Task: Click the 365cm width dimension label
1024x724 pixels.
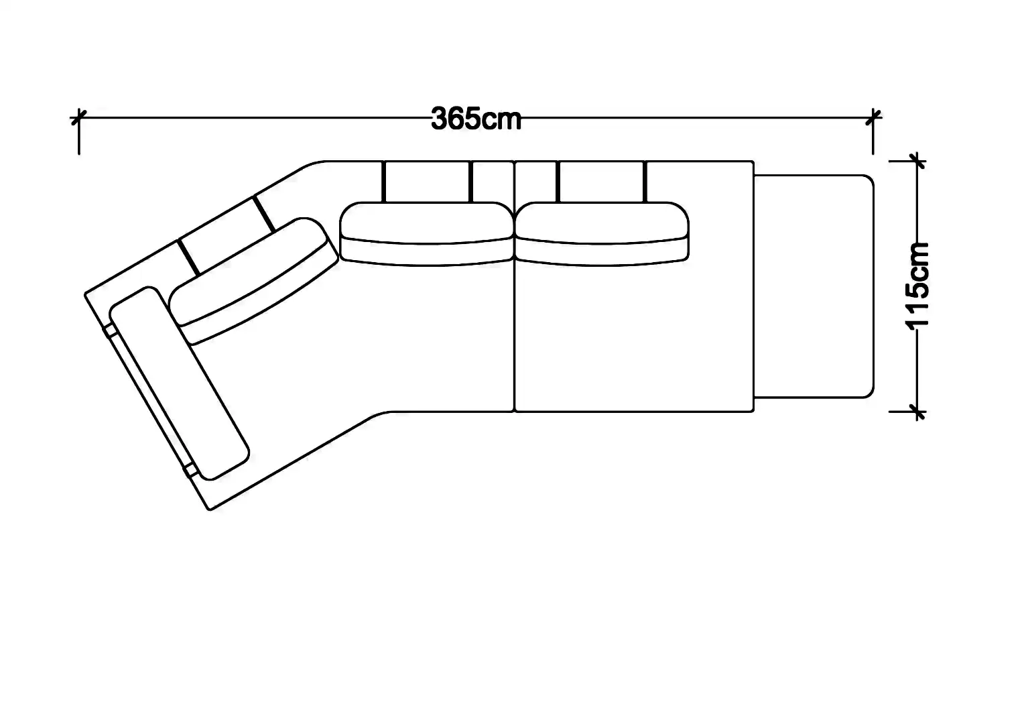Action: (x=476, y=119)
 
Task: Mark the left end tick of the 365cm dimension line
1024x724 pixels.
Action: (x=79, y=118)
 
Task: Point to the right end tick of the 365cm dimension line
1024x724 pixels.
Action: (x=874, y=118)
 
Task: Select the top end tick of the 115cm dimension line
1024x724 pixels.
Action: (x=917, y=161)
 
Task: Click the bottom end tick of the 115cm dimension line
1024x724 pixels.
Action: (x=917, y=412)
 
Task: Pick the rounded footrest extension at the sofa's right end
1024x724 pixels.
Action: (x=814, y=286)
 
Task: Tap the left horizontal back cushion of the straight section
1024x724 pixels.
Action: (x=427, y=234)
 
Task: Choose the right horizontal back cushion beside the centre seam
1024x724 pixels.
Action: (x=602, y=234)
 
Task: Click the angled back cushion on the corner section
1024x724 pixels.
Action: (x=254, y=281)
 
